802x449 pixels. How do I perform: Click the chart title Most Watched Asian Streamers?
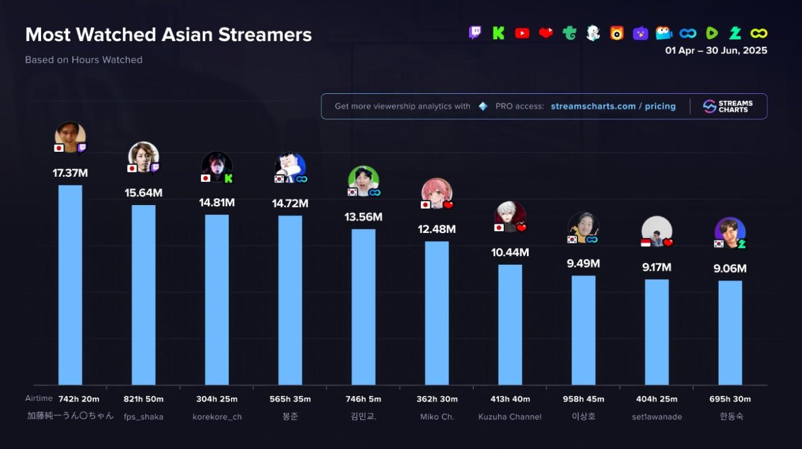click(169, 35)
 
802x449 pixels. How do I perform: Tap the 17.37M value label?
click(70, 173)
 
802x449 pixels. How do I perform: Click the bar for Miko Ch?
click(437, 313)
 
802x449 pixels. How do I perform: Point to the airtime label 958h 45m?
click(583, 399)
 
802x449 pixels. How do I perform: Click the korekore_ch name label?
click(217, 417)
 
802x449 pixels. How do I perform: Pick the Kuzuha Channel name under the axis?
click(510, 417)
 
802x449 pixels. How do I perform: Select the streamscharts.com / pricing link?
click(613, 107)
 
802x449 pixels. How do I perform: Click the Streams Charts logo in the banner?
click(728, 107)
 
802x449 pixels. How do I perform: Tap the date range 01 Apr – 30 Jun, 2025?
click(716, 51)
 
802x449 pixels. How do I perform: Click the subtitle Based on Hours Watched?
click(84, 60)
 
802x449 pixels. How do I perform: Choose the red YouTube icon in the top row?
click(522, 34)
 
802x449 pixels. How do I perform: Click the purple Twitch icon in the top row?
click(475, 33)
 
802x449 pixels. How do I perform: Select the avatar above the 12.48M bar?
click(437, 193)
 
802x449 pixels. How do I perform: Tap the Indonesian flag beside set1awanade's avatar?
click(646, 243)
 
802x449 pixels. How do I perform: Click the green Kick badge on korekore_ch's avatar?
click(228, 179)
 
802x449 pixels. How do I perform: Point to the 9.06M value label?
click(730, 269)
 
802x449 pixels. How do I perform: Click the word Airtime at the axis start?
click(39, 399)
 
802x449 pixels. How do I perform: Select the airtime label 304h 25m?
click(217, 399)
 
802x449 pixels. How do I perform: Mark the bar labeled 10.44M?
click(510, 324)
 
